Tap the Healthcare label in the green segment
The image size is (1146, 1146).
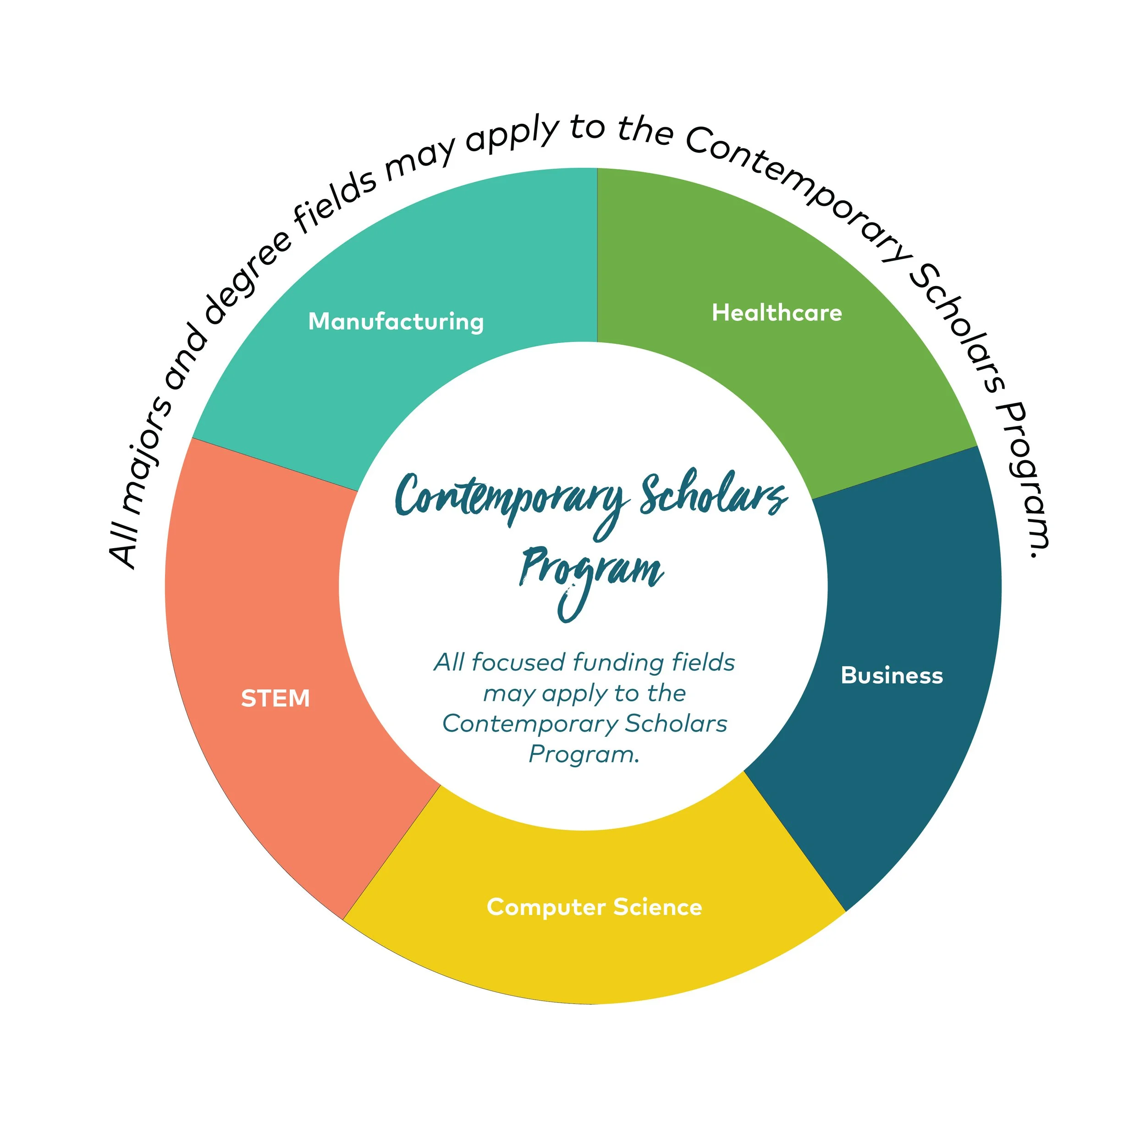(x=777, y=313)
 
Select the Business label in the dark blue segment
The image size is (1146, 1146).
(x=892, y=676)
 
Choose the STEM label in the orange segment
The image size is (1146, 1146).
(x=275, y=698)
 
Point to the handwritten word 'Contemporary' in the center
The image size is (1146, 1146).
(x=510, y=498)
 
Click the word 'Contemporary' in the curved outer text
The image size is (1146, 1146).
(x=801, y=190)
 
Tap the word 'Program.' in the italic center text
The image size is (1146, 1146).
(x=584, y=755)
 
